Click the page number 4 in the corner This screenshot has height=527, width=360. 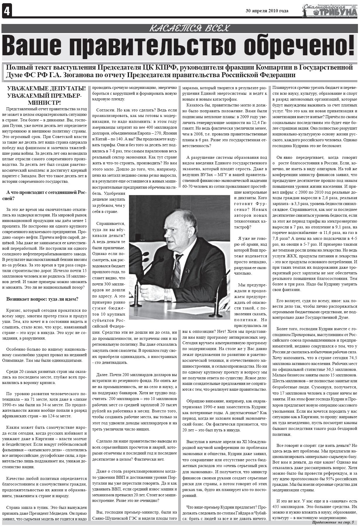[6, 11]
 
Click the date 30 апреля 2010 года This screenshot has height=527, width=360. [267, 11]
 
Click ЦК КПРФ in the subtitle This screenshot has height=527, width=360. [160, 68]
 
